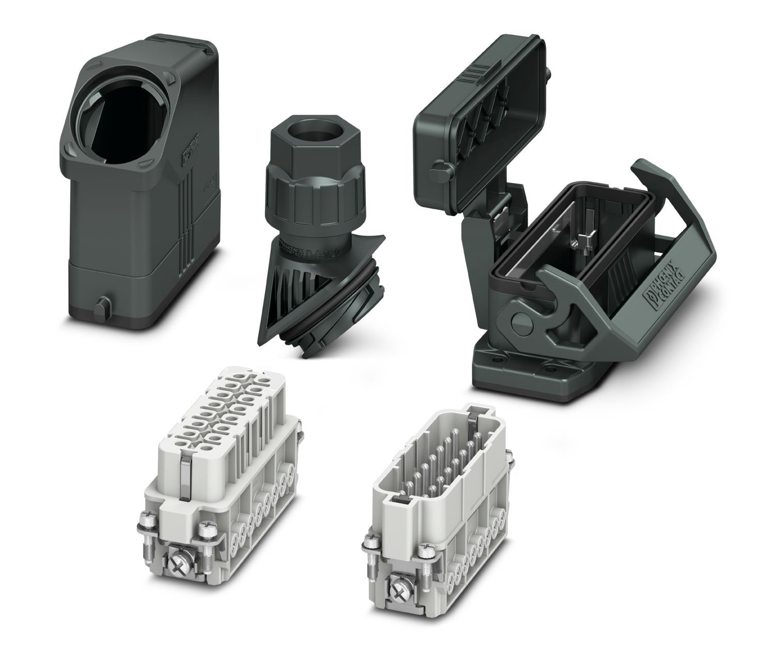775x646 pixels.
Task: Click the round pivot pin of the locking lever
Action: point(519,325)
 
